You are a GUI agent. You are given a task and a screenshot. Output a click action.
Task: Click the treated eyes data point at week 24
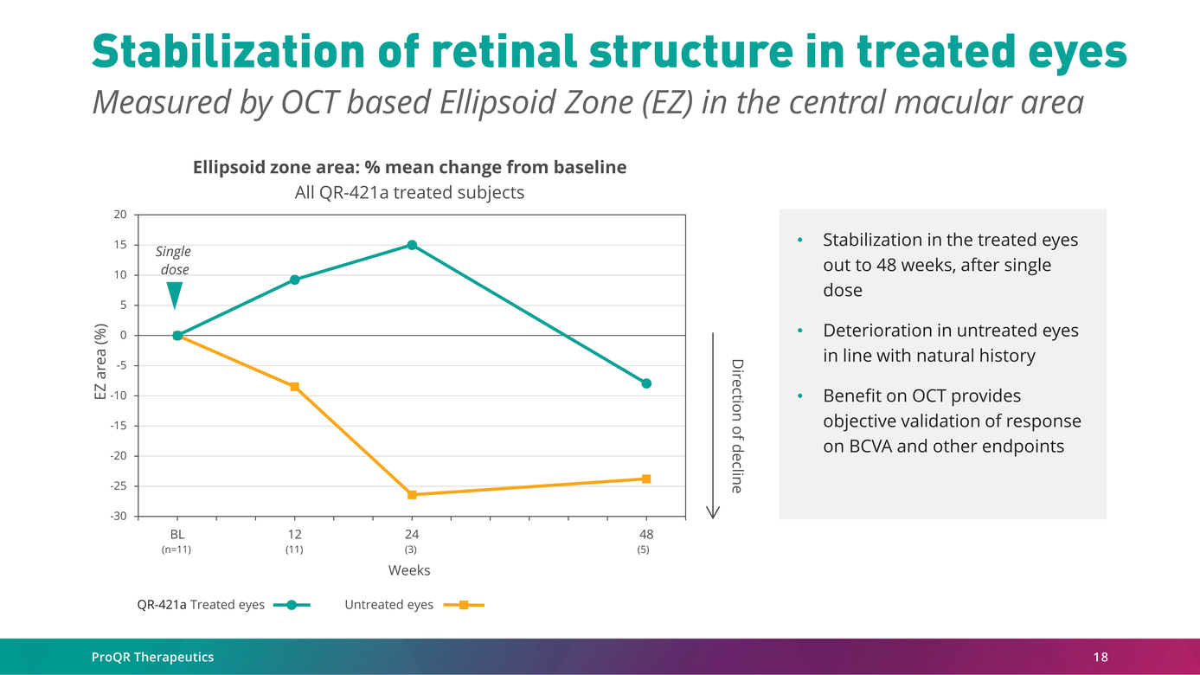click(x=412, y=245)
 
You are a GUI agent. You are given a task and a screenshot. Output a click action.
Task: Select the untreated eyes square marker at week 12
click(x=294, y=387)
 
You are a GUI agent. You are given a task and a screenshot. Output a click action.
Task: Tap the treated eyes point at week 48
click(x=646, y=383)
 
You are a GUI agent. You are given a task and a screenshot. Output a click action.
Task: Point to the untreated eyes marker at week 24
click(x=412, y=495)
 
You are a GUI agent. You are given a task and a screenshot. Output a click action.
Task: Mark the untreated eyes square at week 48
click(x=646, y=479)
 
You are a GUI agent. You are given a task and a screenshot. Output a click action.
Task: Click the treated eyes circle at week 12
click(x=294, y=280)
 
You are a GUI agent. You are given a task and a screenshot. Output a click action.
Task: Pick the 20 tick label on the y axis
click(x=120, y=215)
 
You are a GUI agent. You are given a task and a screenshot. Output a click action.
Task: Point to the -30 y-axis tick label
click(x=119, y=517)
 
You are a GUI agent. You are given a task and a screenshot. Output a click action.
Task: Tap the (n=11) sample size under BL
click(x=176, y=550)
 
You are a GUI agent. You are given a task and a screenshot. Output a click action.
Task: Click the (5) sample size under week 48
click(x=644, y=550)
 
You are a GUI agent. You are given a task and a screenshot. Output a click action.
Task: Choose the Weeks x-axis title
click(x=409, y=570)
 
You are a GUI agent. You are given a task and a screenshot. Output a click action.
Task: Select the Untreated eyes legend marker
click(x=464, y=605)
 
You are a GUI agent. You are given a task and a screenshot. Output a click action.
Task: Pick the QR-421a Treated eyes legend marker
click(x=292, y=605)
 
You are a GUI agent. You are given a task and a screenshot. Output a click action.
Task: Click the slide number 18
click(x=1100, y=657)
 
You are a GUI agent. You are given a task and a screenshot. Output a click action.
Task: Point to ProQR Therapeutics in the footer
click(x=152, y=657)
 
